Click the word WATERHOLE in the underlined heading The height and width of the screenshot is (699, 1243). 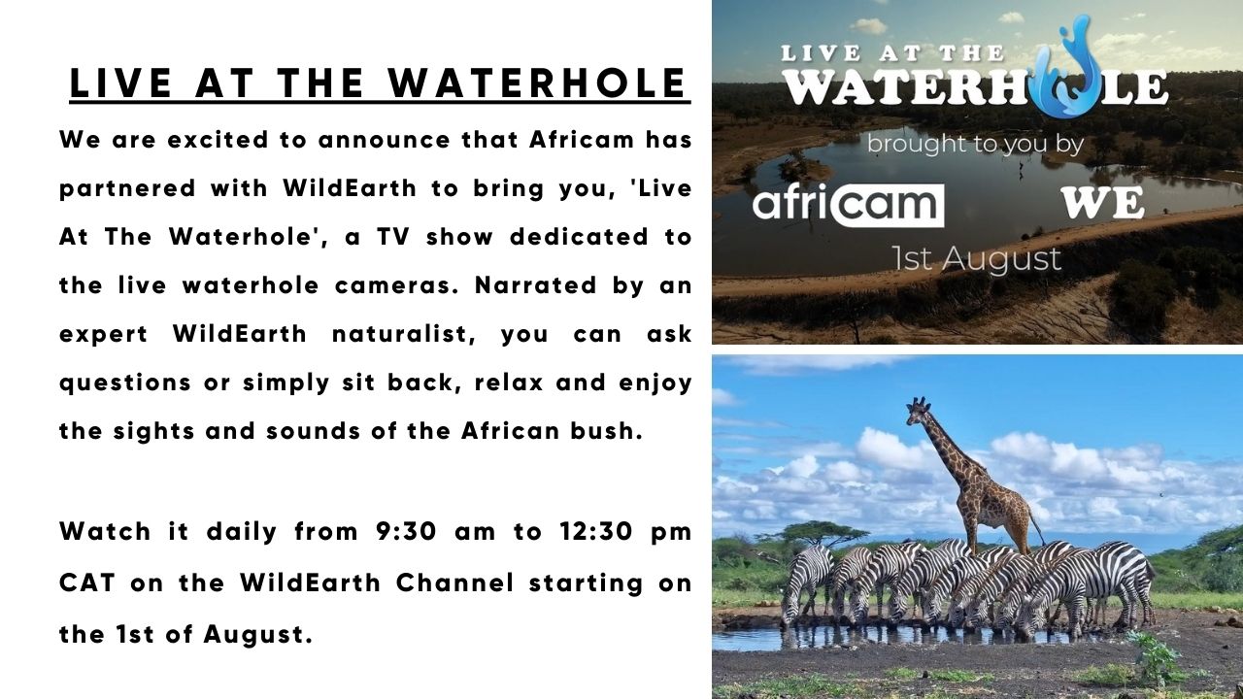(537, 83)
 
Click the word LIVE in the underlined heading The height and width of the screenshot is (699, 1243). (120, 83)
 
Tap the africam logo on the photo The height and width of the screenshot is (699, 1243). (848, 205)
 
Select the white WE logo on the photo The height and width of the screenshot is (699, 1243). (1102, 203)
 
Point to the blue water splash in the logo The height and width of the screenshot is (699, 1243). (1069, 69)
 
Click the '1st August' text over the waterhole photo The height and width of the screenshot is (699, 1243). (977, 258)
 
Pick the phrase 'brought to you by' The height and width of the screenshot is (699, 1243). (975, 145)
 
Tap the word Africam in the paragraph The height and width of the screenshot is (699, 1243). (581, 139)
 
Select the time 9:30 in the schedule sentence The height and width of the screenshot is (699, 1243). (406, 531)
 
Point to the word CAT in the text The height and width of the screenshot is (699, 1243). (87, 583)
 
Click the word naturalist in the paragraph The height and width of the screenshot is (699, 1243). (404, 334)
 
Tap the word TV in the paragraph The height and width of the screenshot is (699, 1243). (393, 237)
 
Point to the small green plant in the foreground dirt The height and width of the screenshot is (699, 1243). (1153, 659)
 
